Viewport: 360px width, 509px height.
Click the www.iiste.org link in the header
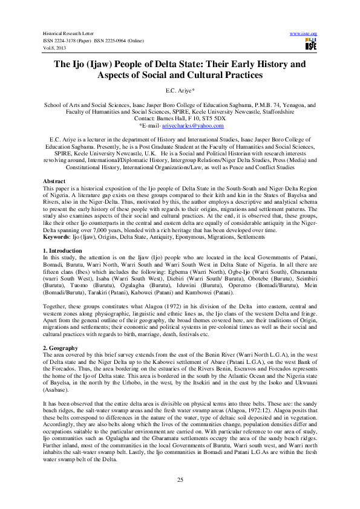point(304,33)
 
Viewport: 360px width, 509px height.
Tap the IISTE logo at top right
point(311,44)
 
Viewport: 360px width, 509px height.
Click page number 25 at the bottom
point(180,479)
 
